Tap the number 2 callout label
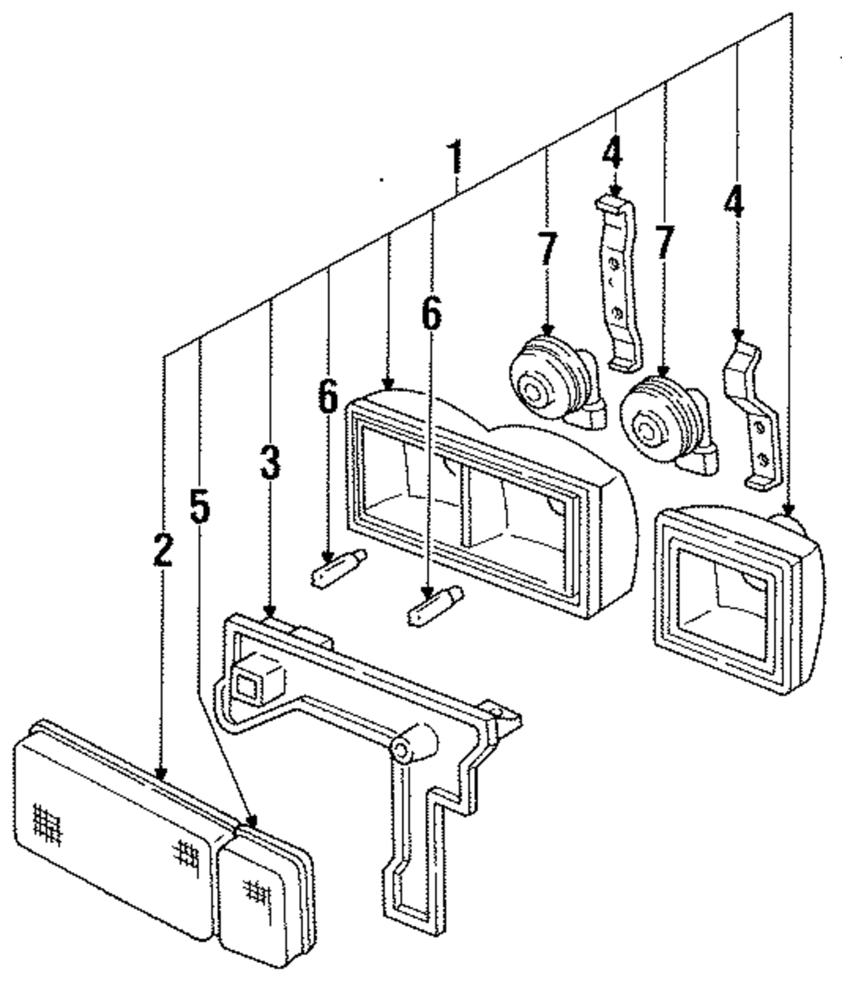(x=163, y=548)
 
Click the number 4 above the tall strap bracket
(x=613, y=152)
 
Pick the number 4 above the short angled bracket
(x=735, y=203)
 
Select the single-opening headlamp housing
(x=737, y=598)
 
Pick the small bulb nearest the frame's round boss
(x=435, y=605)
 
